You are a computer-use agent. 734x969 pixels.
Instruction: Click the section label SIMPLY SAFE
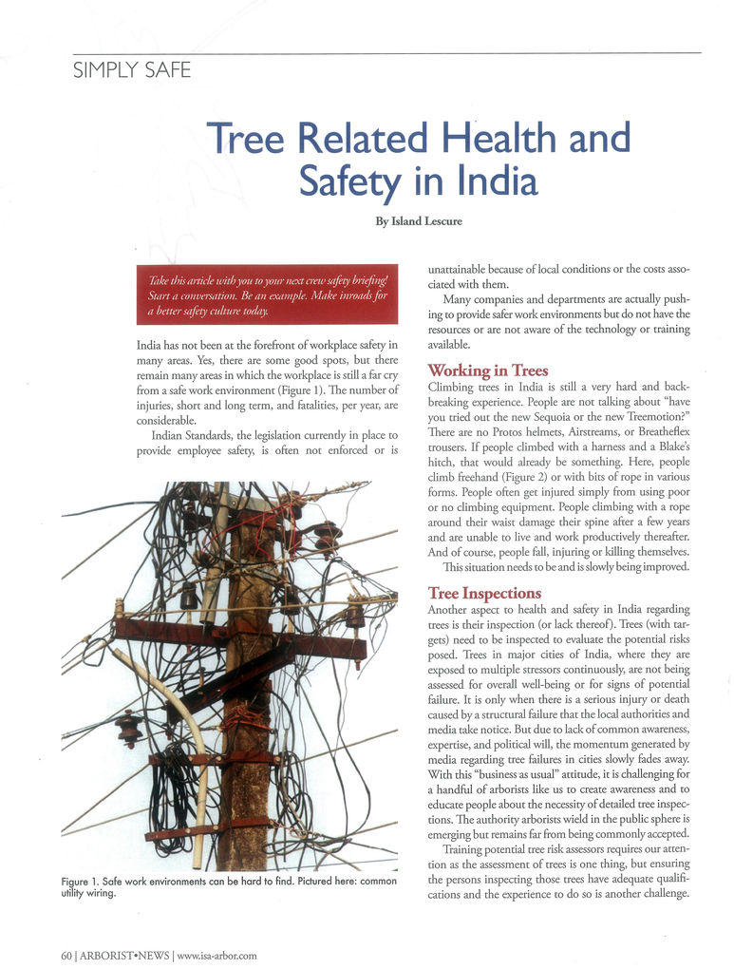point(132,70)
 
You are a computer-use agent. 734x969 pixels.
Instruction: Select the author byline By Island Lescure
point(419,221)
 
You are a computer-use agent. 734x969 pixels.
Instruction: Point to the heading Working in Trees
point(488,370)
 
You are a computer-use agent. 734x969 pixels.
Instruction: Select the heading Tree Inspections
point(484,593)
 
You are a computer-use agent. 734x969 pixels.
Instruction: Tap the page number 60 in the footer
point(66,955)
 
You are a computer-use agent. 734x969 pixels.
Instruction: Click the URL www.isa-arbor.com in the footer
point(216,955)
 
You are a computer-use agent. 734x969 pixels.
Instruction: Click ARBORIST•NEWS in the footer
point(124,955)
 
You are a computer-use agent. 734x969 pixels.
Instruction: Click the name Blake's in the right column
point(669,447)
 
